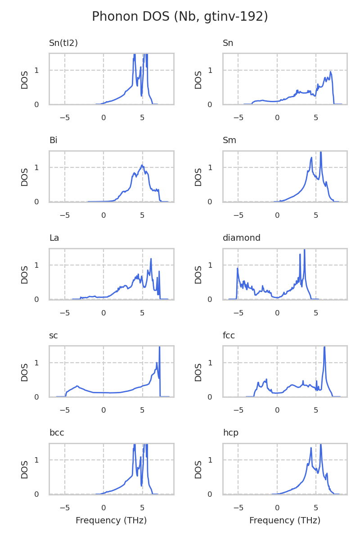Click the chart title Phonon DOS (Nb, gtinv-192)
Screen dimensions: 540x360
pos(180,17)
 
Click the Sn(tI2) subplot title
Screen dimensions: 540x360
pos(63,43)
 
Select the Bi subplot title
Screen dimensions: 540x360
pos(53,140)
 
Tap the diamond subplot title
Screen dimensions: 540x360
pos(242,238)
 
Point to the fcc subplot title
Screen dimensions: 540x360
pos(229,336)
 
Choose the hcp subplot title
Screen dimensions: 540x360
pos(230,433)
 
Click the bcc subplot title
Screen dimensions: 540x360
pos(57,433)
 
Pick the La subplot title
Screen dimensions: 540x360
pos(54,238)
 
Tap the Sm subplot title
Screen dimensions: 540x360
pos(229,140)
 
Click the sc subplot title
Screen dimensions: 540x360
pos(54,336)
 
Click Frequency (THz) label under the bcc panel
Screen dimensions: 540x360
pos(111,521)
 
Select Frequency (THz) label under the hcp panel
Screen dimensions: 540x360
pos(285,521)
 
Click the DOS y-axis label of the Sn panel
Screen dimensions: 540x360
pos(198,79)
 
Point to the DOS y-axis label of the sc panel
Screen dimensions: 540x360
pos(25,372)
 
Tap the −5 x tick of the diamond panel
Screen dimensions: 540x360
pos(238,313)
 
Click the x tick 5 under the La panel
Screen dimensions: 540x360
pos(142,313)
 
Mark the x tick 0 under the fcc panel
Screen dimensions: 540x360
pos(277,410)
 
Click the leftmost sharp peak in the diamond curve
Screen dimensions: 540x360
pos(238,269)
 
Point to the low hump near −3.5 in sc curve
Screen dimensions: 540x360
pos(77,386)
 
